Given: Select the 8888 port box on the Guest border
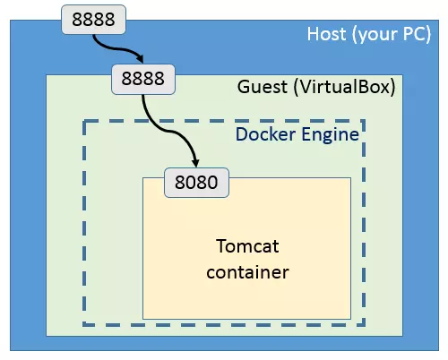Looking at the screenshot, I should [142, 78].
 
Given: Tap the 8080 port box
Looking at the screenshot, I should [197, 182].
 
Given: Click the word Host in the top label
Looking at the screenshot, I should [324, 35].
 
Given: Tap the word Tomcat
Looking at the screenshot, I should [247, 245].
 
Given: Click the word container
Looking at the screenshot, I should [247, 270].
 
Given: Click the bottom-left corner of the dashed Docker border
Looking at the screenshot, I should [85, 325].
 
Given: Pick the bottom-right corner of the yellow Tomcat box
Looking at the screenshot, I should [351, 318].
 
